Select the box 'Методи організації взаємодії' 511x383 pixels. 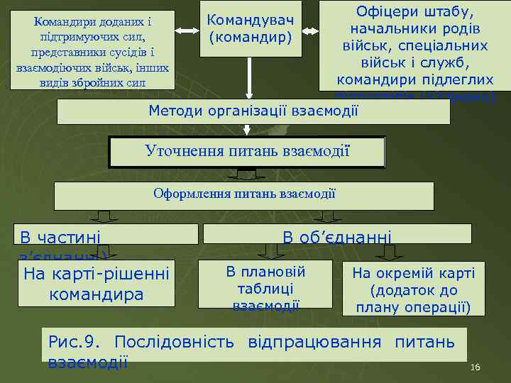pos(253,111)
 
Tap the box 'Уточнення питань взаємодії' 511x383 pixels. pos(247,151)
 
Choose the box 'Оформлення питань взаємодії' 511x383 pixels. pos(244,194)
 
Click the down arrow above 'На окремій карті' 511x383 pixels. pos(388,252)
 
